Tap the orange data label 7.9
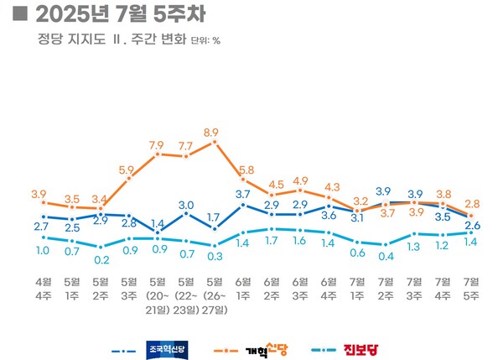[x=156, y=145]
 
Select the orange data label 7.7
[x=186, y=145]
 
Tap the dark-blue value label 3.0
[x=186, y=205]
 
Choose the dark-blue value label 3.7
[x=243, y=194]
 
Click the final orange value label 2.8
[x=472, y=204]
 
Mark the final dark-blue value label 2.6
[x=472, y=225]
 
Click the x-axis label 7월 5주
[x=470, y=286]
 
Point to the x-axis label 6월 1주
[x=242, y=286]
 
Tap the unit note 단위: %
[x=205, y=39]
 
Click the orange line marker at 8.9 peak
[x=215, y=142]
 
